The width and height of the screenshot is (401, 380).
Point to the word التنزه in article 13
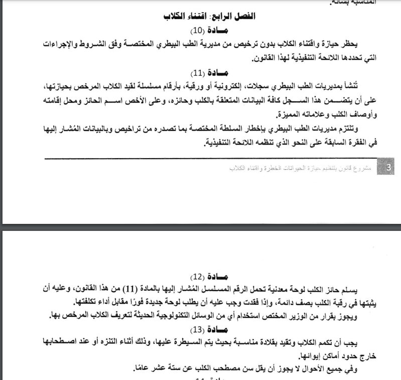coord(86,343)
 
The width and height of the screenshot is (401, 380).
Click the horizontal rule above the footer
coord(211,158)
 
